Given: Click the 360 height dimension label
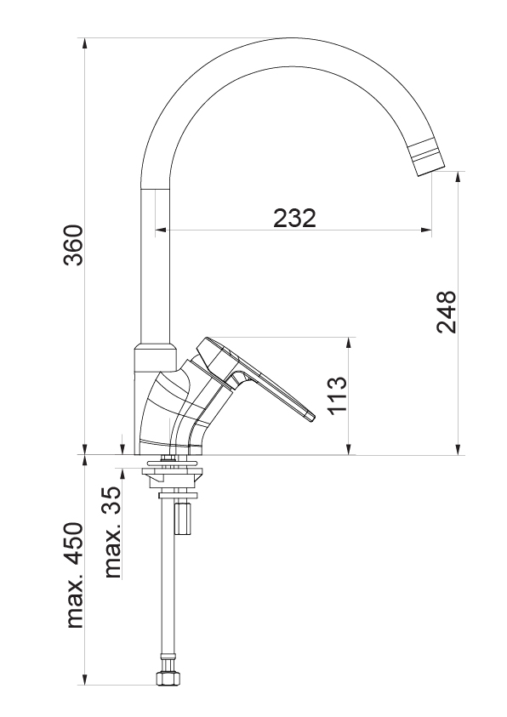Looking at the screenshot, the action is pos(73,245).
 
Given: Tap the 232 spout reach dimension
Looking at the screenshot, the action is pos(294,218).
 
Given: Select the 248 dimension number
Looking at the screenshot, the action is pos(446,311).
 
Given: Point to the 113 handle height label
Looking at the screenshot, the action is pos(338,395).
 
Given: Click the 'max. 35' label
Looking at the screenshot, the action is pos(112,532).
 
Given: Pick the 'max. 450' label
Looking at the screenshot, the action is pos(75,575).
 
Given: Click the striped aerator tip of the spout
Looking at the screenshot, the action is pos(426,159).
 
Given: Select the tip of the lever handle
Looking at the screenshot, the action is pos(310,416).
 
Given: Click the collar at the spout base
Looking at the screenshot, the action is pos(155,357).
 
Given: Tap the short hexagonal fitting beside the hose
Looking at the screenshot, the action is pos(183,518).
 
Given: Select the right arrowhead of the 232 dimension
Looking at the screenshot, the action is pos(425,230).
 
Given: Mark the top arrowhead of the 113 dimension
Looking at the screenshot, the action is pos(350,344).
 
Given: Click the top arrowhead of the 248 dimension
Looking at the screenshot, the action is pos(458,179).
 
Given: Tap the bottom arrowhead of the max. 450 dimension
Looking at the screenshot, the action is pos(84,679).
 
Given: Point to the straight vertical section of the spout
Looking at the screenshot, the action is pos(155,265).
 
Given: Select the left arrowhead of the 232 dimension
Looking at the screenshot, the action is pos(162,230).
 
